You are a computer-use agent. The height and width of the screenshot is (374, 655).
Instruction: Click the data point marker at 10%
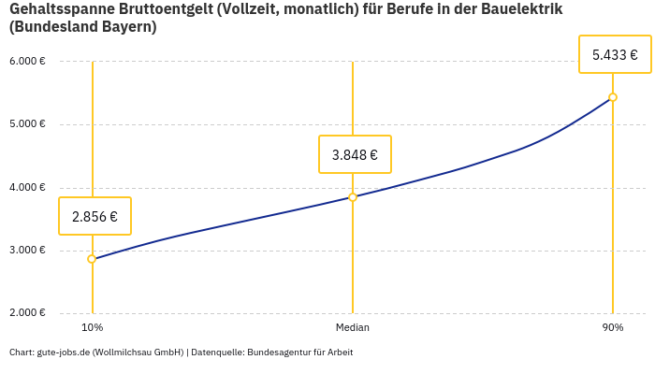(x=92, y=259)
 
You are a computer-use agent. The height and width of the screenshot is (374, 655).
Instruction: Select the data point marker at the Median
(x=353, y=197)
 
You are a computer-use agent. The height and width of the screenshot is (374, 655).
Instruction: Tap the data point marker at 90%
(x=613, y=97)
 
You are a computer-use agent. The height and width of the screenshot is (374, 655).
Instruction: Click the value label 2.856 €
(x=95, y=216)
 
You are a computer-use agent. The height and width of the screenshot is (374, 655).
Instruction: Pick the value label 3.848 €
(x=355, y=154)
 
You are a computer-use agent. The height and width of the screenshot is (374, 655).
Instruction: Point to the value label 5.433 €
(x=615, y=54)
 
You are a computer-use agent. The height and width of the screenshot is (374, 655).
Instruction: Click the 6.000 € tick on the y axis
(x=27, y=62)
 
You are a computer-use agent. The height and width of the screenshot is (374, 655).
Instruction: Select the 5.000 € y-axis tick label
(x=27, y=124)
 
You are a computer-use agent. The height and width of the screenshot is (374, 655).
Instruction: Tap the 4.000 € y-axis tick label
(x=27, y=187)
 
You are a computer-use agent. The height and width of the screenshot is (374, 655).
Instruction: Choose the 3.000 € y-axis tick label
(x=27, y=251)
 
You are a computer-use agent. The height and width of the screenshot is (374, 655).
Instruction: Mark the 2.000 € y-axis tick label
(x=27, y=313)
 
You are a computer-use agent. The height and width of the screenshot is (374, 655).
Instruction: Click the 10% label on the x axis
(x=92, y=327)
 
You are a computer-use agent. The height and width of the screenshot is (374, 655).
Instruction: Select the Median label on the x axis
(x=353, y=327)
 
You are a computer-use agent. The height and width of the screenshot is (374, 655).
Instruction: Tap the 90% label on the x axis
(x=613, y=327)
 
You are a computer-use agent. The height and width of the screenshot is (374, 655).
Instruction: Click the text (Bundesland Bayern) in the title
(x=83, y=27)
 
